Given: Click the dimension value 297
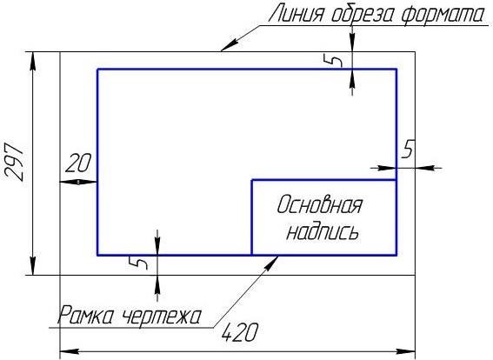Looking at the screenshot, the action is click(14, 163).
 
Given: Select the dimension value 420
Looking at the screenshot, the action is click(240, 332).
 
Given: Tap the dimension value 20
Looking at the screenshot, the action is click(78, 163).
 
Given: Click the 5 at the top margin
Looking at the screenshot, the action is click(333, 60).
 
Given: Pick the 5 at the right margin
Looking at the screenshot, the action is click(408, 149).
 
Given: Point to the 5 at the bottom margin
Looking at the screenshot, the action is click(138, 263).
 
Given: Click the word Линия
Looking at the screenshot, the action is click(296, 15).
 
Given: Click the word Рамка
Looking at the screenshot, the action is click(85, 315).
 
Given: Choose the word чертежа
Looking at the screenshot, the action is click(162, 316).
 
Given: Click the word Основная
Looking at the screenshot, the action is click(319, 204).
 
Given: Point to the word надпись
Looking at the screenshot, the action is click(323, 232).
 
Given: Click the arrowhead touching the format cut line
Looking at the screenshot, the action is click(228, 45).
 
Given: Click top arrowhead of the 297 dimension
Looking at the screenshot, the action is click(33, 63).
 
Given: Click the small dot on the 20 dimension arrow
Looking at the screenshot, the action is click(78, 182).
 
